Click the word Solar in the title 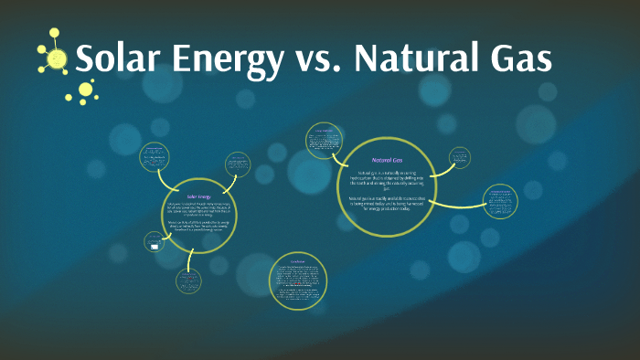point(113,60)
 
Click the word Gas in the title point(520,60)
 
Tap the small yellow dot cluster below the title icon point(85,90)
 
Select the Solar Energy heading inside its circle point(199,196)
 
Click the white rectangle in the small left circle point(154,245)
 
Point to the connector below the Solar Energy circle point(189,257)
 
